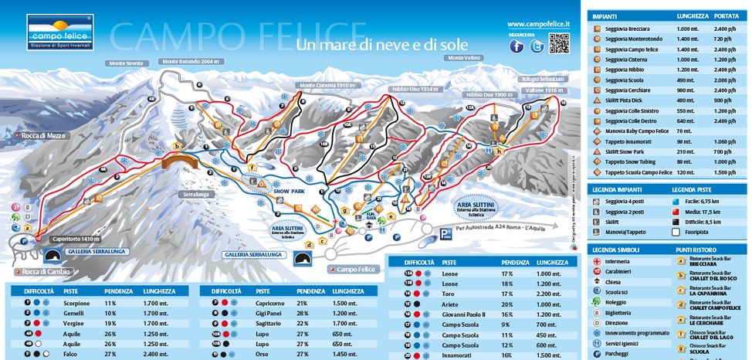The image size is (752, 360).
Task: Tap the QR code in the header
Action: coord(560,44)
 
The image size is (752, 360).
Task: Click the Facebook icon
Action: coord(517,46)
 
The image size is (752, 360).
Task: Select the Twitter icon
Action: coord(537,46)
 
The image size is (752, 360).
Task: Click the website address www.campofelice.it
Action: coord(539,25)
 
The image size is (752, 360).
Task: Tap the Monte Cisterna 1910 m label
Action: coord(326,85)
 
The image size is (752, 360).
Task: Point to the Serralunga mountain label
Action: coord(198,195)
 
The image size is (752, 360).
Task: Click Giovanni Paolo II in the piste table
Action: coord(463,315)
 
